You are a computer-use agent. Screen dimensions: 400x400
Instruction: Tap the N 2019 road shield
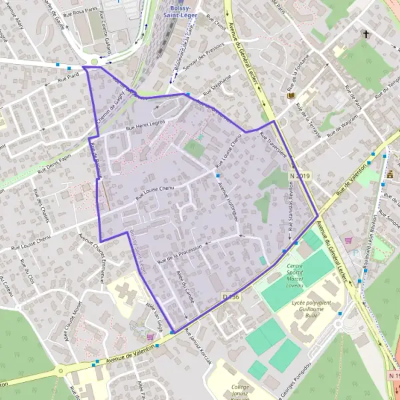301,175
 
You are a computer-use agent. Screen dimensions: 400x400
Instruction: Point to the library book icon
291,95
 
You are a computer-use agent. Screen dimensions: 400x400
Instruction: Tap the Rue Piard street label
68,79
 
